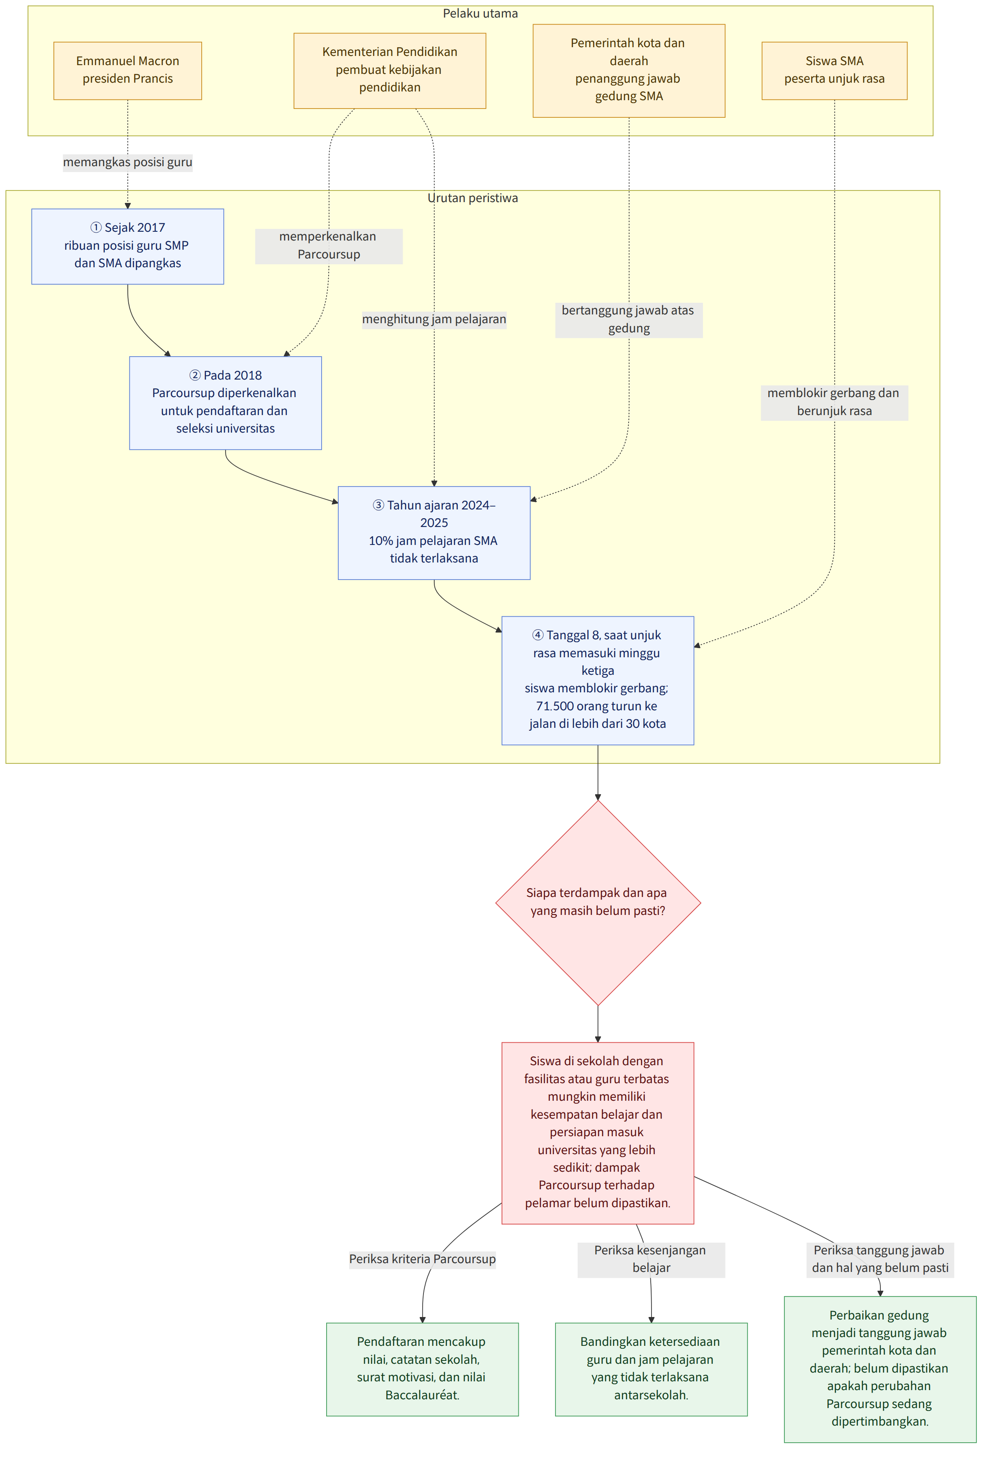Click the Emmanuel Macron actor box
point(127,70)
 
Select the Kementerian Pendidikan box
point(389,70)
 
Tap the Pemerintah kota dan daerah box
point(629,70)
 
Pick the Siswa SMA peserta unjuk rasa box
point(834,70)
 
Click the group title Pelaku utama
point(480,14)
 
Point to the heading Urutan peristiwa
point(473,198)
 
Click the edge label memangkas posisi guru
point(127,162)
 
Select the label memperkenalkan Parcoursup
point(328,246)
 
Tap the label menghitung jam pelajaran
point(434,319)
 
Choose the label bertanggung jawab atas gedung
point(629,319)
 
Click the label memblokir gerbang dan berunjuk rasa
point(834,402)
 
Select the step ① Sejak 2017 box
point(127,246)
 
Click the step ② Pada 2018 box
point(226,403)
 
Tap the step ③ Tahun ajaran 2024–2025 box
point(434,532)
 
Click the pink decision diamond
point(598,902)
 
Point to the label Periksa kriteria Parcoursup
point(423,1258)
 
